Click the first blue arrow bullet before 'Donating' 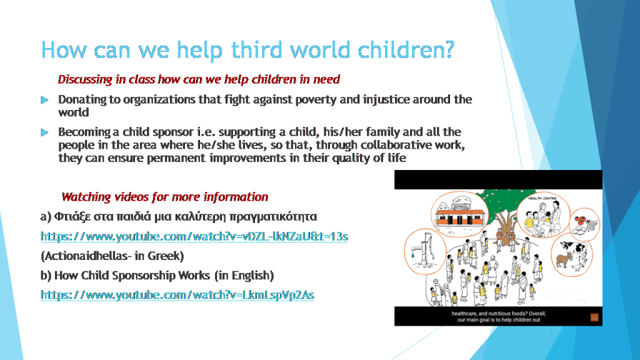click(44, 100)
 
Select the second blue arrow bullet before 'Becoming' click(44, 132)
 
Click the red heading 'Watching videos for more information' click(165, 197)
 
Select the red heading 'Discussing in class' click(199, 79)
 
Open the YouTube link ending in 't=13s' click(194, 236)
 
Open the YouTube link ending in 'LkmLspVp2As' click(177, 294)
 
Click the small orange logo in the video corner click(594, 316)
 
